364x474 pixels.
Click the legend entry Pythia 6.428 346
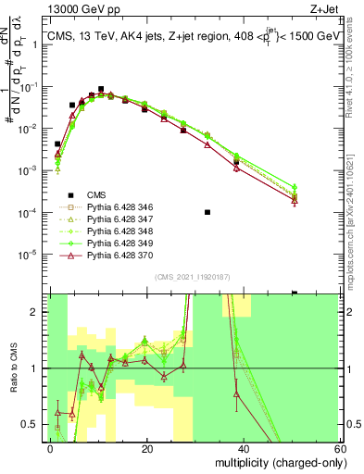point(111,208)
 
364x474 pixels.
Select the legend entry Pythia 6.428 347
point(111,220)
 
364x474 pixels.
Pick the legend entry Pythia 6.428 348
point(111,232)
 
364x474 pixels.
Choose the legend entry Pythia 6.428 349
point(111,244)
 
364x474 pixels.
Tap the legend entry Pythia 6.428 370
point(111,256)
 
